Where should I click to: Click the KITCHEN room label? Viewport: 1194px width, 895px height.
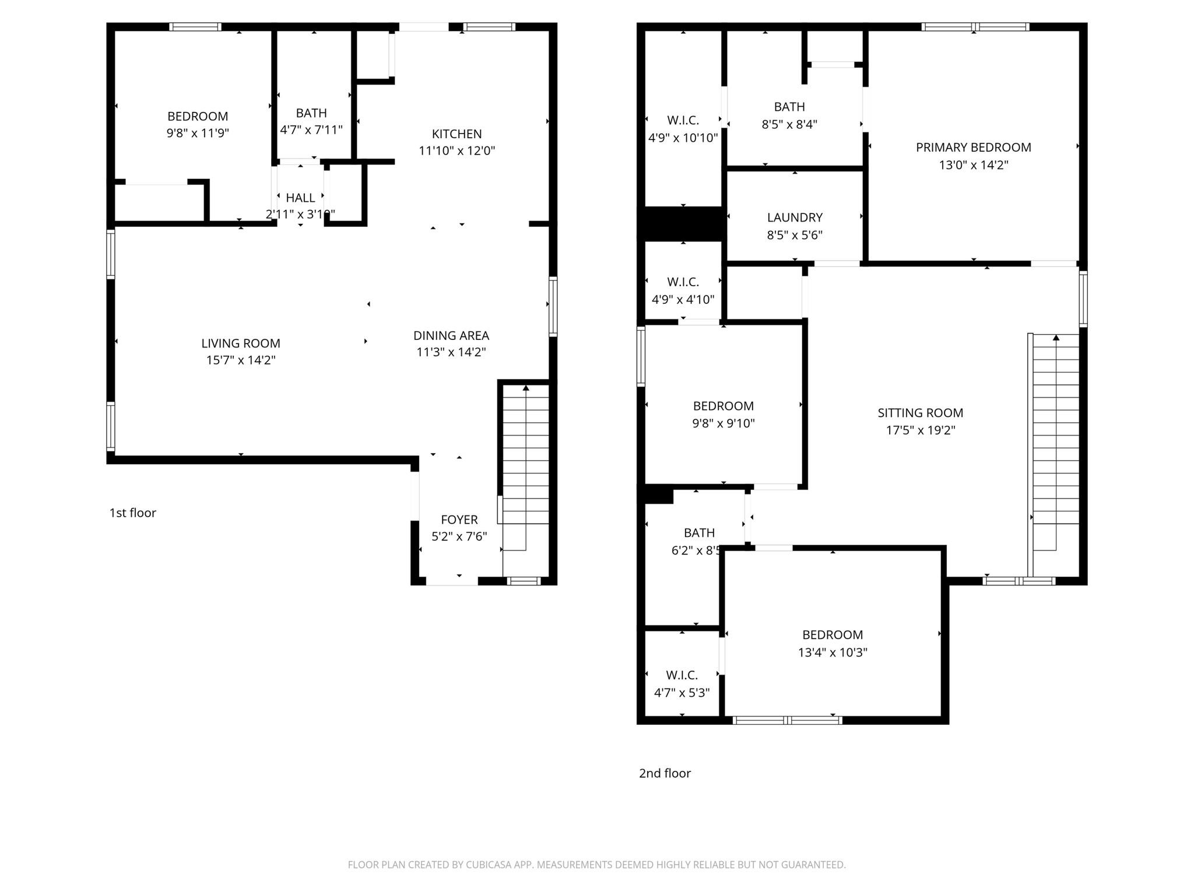[456, 134]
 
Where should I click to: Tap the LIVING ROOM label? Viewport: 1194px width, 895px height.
[241, 343]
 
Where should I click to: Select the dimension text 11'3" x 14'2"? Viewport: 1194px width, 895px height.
[451, 352]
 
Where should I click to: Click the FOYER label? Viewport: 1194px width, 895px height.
[459, 520]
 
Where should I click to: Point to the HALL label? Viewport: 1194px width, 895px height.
[300, 198]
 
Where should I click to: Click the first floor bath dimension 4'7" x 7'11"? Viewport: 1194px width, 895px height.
[311, 129]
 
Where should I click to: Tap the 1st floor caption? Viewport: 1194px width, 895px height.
[133, 513]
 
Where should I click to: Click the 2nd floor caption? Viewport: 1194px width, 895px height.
[665, 773]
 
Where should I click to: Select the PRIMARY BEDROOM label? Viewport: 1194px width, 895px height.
[973, 148]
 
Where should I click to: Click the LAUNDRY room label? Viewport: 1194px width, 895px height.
[795, 217]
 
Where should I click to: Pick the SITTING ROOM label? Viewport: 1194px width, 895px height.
[920, 413]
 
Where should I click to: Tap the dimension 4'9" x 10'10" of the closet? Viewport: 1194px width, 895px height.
[683, 138]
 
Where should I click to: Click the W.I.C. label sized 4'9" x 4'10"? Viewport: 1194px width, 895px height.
[683, 282]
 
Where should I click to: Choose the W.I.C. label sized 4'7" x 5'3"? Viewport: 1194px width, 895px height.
[682, 675]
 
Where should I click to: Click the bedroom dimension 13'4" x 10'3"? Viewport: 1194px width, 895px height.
[833, 652]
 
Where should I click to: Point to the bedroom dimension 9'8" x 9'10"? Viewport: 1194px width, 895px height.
[723, 423]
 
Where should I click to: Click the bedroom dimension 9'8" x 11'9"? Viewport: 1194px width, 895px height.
[198, 133]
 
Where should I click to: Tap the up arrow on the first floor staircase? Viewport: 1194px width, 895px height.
[526, 388]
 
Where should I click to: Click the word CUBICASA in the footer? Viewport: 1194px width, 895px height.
[489, 865]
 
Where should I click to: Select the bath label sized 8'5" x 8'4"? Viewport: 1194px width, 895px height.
[789, 107]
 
